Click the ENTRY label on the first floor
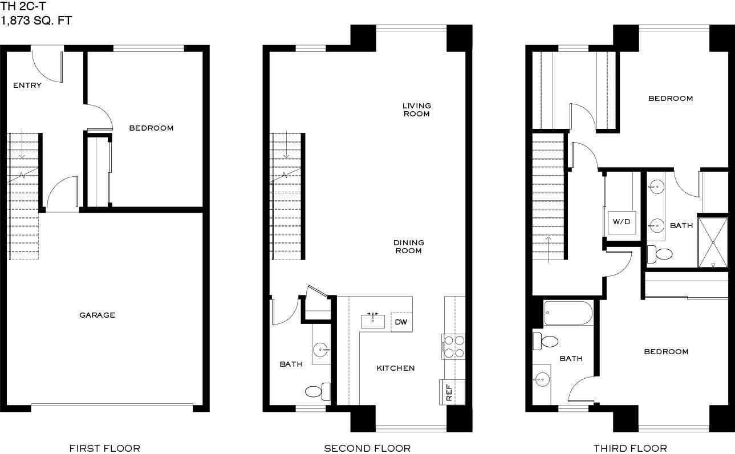click(x=27, y=86)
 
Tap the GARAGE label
click(x=97, y=315)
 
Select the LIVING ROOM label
click(x=417, y=110)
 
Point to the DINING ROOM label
click(x=409, y=246)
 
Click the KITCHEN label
click(x=396, y=368)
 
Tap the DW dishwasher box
click(x=401, y=322)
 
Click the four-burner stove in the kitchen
click(x=453, y=347)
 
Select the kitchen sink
click(x=373, y=321)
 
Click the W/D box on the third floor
click(x=622, y=222)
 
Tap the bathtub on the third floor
click(x=568, y=313)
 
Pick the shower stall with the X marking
click(x=713, y=242)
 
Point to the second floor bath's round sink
click(x=320, y=350)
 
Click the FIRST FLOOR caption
click(x=105, y=448)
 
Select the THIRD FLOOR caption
click(x=630, y=448)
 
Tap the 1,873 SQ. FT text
click(x=36, y=21)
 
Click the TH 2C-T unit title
click(x=23, y=6)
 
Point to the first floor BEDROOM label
click(x=151, y=128)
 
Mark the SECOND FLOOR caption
click(x=367, y=448)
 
